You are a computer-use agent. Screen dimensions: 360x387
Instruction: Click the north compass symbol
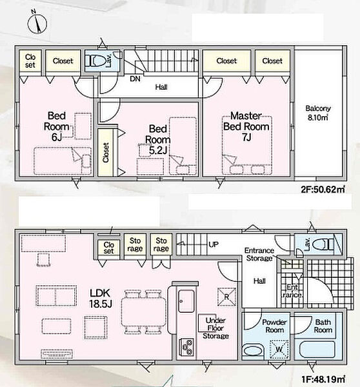pos(37,23)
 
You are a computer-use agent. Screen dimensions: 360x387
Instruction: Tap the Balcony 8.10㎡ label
pos(318,113)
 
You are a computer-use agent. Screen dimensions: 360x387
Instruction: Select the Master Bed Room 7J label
pos(246,126)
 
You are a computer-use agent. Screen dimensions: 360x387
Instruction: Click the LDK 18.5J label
pos(100,298)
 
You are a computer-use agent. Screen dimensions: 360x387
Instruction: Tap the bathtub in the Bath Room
pos(317,349)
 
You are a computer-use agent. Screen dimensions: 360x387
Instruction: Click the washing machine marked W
pos(279,349)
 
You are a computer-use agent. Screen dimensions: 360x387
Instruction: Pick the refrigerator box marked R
pos(226,297)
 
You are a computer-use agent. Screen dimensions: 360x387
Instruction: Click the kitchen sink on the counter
pos(186,301)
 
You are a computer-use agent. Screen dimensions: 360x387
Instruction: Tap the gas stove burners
pos(186,346)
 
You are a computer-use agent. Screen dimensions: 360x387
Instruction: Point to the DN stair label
pos(135,79)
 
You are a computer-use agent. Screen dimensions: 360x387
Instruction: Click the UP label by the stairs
pos(214,244)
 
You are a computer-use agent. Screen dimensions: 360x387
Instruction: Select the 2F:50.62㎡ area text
pos(323,189)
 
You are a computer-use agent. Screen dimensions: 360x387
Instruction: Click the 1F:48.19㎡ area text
pos(323,379)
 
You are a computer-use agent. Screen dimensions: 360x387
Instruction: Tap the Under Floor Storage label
pos(215,328)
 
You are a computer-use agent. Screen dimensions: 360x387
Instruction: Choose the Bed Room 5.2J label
pos(158,139)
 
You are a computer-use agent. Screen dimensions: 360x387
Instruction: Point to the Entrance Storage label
pos(259,254)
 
